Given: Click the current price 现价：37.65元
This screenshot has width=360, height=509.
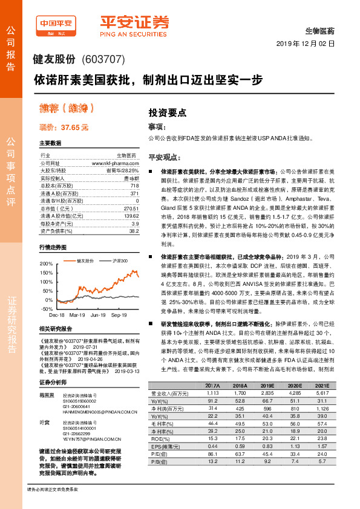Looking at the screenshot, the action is (x=64, y=127).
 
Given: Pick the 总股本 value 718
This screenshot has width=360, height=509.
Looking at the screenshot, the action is (x=134, y=185).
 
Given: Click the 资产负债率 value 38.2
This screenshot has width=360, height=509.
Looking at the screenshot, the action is (x=134, y=231).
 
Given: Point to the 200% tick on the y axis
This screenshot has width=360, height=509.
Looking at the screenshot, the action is (x=46, y=264).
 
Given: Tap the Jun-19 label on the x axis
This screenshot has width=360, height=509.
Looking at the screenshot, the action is (x=98, y=315).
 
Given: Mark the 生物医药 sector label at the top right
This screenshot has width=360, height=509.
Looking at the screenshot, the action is (x=319, y=30).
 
